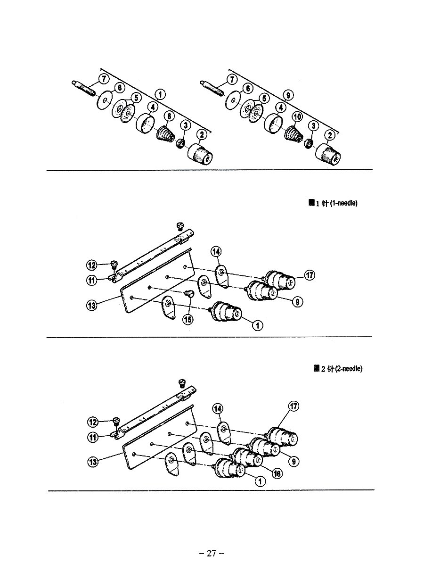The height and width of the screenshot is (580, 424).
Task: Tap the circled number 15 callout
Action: coord(188,319)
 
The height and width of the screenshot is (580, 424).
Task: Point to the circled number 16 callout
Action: coord(277,473)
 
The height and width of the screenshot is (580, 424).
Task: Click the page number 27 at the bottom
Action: coord(212,554)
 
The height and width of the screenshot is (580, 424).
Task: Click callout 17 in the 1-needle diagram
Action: coord(309,275)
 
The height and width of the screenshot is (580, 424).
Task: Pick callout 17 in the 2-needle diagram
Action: coord(293,406)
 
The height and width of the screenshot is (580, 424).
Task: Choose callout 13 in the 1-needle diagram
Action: coord(92,305)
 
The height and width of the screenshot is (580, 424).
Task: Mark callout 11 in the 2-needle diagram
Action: coord(93,437)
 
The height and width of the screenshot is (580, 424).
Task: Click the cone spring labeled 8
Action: coord(165,134)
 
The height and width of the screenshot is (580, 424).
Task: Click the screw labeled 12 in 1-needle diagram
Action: coord(113,263)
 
